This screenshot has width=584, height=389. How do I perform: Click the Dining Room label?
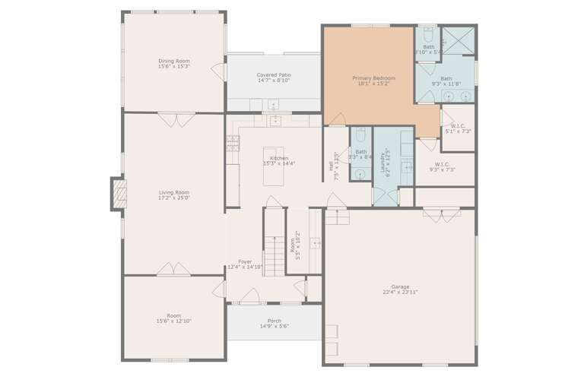coord(173,61)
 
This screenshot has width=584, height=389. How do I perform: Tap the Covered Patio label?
coord(274,75)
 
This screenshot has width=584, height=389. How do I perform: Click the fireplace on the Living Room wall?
coord(117,194)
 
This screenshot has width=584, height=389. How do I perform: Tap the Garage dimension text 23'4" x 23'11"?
coord(400,292)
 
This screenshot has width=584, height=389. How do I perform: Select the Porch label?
coord(274,321)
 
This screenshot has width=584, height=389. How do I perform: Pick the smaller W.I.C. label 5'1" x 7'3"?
coord(458,126)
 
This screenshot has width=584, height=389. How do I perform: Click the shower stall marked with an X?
coord(459,40)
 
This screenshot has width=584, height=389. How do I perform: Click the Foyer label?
coord(245,261)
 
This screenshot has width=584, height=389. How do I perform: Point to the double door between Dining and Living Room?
coord(176,119)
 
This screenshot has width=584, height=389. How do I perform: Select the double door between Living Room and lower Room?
coord(173,269)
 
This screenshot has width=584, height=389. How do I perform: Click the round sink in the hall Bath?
coord(360,174)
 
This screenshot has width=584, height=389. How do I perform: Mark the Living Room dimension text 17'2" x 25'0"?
coord(173,198)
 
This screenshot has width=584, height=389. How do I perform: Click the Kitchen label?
coord(278,158)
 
